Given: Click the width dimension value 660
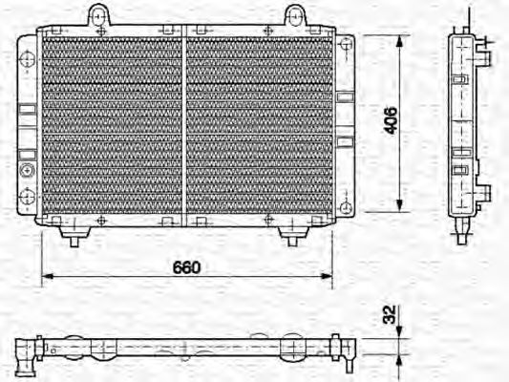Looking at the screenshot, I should pos(186,268).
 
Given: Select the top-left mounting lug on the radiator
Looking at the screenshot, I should pos(98,15).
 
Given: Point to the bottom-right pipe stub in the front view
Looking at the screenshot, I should pos(290,236).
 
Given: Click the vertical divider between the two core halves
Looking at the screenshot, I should pos(184,124).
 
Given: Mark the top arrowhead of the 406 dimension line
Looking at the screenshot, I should pos(397,39).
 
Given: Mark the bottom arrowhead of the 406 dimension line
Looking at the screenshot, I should pos(397,208).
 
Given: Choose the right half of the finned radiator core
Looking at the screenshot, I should pos(258,124).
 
